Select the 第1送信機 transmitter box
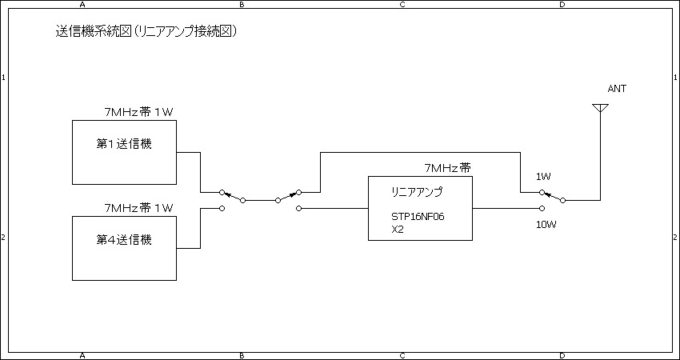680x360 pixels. coord(124,152)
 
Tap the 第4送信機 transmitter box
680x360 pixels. coord(124,248)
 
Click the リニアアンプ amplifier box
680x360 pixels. coord(420,208)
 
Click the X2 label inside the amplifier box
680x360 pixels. coord(398,229)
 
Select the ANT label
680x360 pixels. coord(617,89)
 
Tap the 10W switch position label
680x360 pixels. coord(546,225)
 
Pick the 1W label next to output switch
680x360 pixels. coord(544,176)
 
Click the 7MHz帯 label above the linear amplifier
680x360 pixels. coord(447,168)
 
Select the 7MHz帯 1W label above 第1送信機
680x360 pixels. coord(139,112)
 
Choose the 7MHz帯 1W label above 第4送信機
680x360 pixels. coord(139,208)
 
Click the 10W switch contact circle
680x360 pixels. coord(542,208)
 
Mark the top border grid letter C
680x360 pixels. coord(402,5)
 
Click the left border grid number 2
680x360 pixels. coord(4,238)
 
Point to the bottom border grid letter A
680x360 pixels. coord(82,354)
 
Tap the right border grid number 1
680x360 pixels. coord(676,78)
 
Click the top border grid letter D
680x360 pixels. coord(562,5)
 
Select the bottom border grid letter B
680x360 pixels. coord(242,354)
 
